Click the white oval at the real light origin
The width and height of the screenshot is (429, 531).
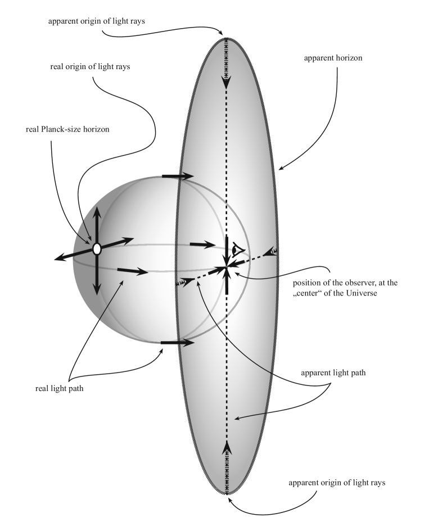pyautogui.click(x=97, y=248)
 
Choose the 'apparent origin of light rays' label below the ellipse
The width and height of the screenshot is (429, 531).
pyautogui.click(x=328, y=483)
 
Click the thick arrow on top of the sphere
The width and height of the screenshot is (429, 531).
pyautogui.click(x=177, y=176)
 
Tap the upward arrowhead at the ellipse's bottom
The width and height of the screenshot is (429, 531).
pyautogui.click(x=227, y=447)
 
